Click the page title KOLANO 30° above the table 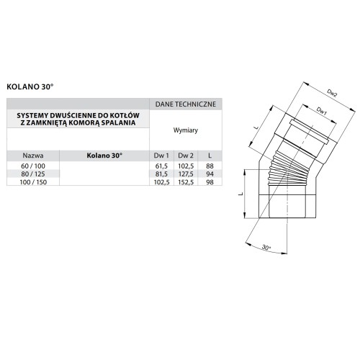coord(30,85)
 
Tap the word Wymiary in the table coord(186,131)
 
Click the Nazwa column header coord(32,155)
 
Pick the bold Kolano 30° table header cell coord(104,155)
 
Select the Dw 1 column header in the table coord(161,155)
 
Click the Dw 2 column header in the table coord(186,155)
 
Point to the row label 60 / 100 coord(32,166)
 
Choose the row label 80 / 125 coord(32,174)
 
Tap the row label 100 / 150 coord(32,181)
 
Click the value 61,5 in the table coord(161,166)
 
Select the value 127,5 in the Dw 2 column coord(186,174)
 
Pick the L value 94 coord(210,174)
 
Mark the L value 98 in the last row coord(210,181)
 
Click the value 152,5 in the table coord(186,181)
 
